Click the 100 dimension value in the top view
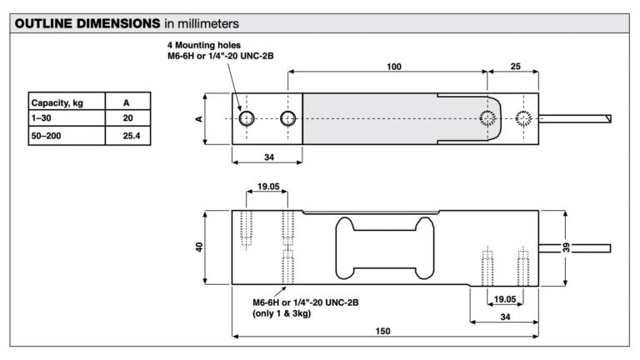point(394,67)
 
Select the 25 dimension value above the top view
point(516,66)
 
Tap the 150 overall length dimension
point(382,331)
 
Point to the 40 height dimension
point(199,247)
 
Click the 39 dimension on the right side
point(566,247)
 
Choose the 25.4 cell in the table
point(132,136)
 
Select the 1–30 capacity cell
point(41,118)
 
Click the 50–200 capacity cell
point(46,136)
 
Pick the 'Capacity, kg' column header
point(57,102)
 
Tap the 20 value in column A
point(127,118)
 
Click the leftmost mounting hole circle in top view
point(247,119)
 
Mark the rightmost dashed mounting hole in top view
point(523,119)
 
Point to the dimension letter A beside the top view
point(199,119)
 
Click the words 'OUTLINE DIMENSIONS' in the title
point(87,23)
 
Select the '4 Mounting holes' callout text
point(204,45)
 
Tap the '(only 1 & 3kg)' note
point(282,313)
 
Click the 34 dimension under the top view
point(269,157)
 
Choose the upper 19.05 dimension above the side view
point(268,187)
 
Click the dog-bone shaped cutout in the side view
point(384,247)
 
